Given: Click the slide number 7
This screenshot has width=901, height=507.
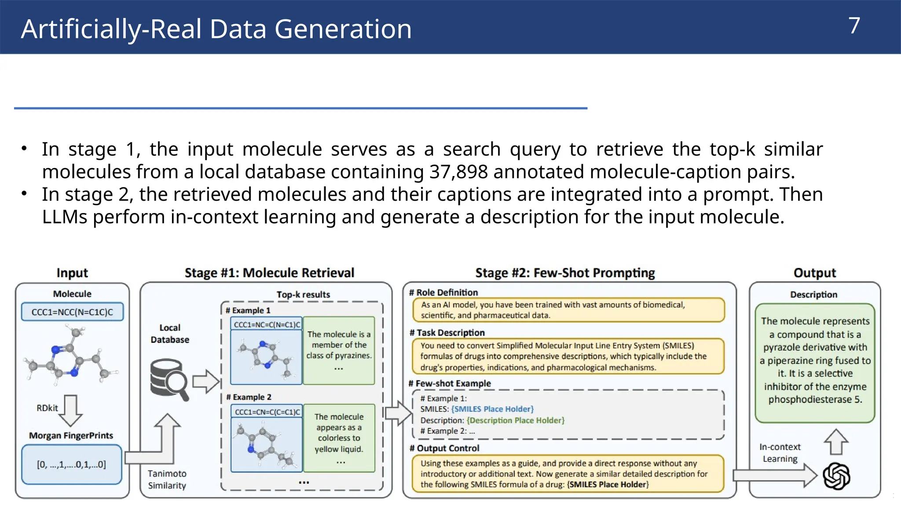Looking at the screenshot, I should pyautogui.click(x=853, y=26).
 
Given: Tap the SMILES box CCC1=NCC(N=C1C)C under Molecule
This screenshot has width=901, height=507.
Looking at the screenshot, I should pyautogui.click(x=72, y=312).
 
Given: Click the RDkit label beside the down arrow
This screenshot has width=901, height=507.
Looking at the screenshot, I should pyautogui.click(x=47, y=408).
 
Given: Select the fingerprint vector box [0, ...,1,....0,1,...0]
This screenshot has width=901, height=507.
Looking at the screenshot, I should pyautogui.click(x=72, y=464).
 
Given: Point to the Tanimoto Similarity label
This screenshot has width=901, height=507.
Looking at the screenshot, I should pyautogui.click(x=167, y=479).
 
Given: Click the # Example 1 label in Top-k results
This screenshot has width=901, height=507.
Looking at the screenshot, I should pyautogui.click(x=248, y=310).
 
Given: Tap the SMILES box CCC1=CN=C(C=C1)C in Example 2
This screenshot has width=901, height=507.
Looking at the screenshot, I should pyautogui.click(x=267, y=412).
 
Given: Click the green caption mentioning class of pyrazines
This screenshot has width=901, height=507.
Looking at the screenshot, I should pyautogui.click(x=339, y=350).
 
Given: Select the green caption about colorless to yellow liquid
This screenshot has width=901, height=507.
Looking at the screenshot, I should pyautogui.click(x=339, y=438).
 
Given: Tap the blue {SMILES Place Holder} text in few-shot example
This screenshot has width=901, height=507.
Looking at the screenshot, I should pyautogui.click(x=492, y=409).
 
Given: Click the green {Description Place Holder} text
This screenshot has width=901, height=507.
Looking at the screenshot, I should pyautogui.click(x=515, y=420).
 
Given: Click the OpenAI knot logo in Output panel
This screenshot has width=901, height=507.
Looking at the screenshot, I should pyautogui.click(x=836, y=476).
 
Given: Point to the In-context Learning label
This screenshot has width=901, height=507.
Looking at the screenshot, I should pyautogui.click(x=780, y=453).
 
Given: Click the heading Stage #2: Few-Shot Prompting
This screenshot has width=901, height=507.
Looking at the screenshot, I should pyautogui.click(x=565, y=273).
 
